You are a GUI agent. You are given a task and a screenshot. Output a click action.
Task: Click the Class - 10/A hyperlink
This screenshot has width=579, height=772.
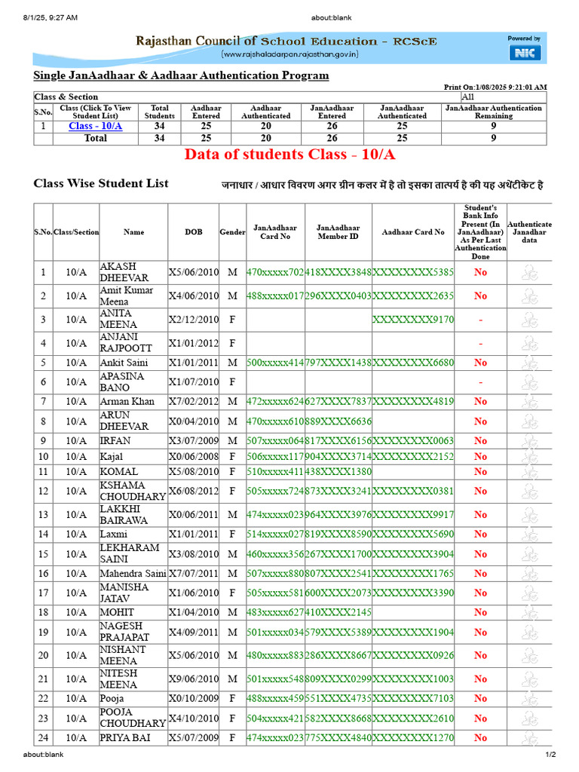[95, 126]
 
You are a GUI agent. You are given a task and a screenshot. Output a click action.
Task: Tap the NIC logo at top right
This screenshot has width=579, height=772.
[525, 52]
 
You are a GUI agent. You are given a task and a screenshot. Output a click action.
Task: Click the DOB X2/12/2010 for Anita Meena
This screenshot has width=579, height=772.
[193, 319]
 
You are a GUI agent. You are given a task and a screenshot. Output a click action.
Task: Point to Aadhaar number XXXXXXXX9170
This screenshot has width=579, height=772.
[413, 319]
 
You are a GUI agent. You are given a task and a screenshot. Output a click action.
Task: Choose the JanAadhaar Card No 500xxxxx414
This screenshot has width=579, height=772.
[275, 363]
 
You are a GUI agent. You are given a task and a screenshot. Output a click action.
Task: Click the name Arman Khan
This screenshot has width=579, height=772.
[127, 401]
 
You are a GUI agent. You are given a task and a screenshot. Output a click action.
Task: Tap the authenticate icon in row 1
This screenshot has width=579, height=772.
[529, 273]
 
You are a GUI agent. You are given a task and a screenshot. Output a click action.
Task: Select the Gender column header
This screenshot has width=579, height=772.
[232, 232]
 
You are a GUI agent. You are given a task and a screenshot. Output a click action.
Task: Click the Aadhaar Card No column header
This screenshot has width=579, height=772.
[413, 232]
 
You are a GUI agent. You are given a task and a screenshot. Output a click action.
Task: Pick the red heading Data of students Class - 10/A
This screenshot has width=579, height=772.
[290, 155]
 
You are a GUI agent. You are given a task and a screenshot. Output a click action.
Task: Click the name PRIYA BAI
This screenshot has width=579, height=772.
[125, 738]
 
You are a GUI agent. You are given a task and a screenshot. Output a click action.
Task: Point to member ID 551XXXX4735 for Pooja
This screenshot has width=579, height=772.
[338, 699]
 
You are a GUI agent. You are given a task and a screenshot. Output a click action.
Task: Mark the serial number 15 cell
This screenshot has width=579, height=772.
[43, 553]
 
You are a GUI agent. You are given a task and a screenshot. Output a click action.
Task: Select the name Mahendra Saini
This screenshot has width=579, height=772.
[133, 574]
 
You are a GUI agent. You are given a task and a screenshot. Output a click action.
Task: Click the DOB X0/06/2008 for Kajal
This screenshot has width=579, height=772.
[193, 456]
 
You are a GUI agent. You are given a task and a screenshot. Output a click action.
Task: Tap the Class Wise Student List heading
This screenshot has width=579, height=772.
[101, 183]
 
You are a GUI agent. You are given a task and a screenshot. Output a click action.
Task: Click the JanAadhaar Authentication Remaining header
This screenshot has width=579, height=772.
[493, 112]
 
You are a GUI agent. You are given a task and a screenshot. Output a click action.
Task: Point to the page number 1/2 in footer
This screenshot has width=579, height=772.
[550, 755]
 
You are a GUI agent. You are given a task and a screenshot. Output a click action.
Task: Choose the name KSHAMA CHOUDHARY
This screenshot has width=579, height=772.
[133, 491]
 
